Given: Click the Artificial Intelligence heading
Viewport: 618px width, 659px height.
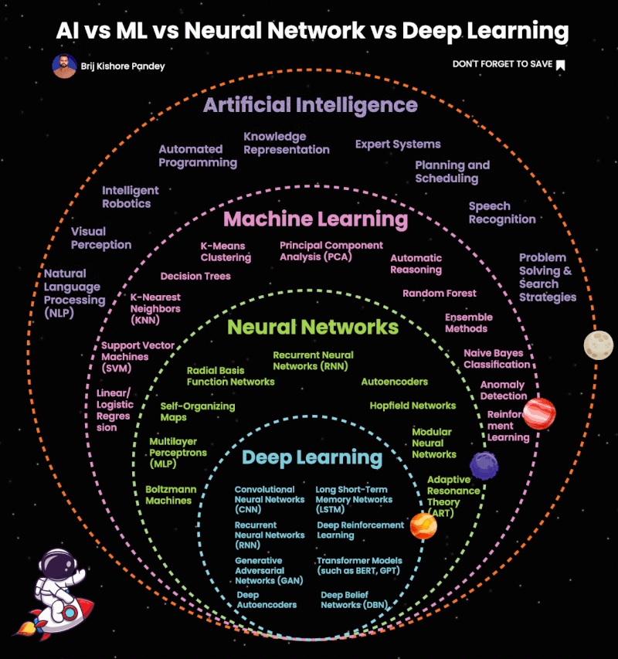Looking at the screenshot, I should (x=310, y=105).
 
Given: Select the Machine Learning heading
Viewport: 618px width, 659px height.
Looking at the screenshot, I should (x=315, y=219).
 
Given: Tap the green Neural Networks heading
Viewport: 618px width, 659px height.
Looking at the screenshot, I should (x=313, y=327).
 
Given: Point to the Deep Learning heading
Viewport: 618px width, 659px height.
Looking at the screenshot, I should (x=312, y=457).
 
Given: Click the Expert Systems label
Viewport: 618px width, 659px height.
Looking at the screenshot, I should (x=398, y=144).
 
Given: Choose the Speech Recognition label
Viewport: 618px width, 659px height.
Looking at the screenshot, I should (x=501, y=212).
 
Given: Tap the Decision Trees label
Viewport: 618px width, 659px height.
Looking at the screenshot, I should (x=195, y=276).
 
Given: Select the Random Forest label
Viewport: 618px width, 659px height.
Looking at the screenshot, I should (x=439, y=294).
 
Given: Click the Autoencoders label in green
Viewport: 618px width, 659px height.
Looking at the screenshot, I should (x=394, y=382).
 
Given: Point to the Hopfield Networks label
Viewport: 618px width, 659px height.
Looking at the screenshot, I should (x=413, y=406).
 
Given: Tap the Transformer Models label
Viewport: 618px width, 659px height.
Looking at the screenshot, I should (x=359, y=566).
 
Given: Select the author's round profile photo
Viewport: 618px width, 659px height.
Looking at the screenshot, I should (x=63, y=66).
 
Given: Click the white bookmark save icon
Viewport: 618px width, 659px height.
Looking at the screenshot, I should (x=561, y=65).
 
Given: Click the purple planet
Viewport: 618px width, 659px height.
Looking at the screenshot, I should (x=484, y=464).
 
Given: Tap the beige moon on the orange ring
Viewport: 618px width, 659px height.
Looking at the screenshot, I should (x=598, y=345).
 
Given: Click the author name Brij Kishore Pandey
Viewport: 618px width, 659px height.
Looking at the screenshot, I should (x=123, y=66).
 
